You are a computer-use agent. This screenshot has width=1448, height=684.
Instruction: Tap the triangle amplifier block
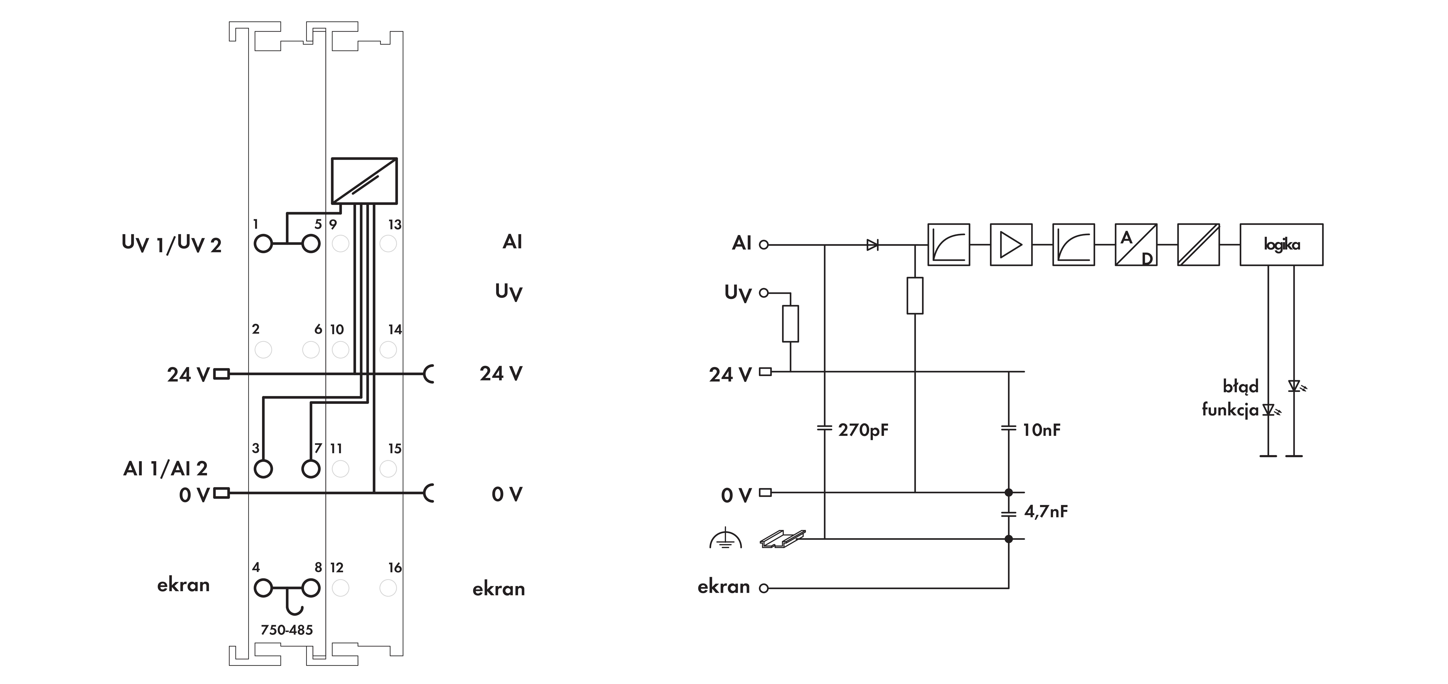(x=1011, y=244)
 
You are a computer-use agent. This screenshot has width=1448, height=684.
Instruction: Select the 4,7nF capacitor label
(x=1045, y=511)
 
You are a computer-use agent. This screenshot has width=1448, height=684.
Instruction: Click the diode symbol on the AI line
(x=872, y=244)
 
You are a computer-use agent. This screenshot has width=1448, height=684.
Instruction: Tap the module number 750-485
(x=287, y=630)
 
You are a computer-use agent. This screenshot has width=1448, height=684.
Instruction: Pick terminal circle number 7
(x=311, y=469)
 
